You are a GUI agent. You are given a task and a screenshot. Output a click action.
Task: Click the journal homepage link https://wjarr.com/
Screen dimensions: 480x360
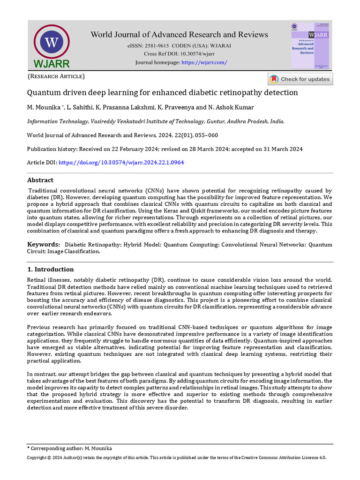(x=204, y=62)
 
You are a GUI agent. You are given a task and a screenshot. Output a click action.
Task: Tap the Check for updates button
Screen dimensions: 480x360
(x=300, y=79)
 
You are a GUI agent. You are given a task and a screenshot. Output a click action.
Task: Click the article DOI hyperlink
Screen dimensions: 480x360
(x=121, y=162)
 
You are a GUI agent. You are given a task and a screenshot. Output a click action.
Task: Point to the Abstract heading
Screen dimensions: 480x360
(x=40, y=180)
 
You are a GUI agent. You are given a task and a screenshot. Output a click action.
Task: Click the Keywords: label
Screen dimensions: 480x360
(x=44, y=244)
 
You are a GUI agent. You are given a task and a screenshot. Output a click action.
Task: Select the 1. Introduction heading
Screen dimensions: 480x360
(x=50, y=270)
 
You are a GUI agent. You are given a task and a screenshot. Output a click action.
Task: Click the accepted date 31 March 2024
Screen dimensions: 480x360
(x=276, y=149)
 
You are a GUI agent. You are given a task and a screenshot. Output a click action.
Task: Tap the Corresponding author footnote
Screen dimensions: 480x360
(x=70, y=449)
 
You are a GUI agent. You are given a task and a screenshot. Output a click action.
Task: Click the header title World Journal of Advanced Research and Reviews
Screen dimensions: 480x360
(x=179, y=35)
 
